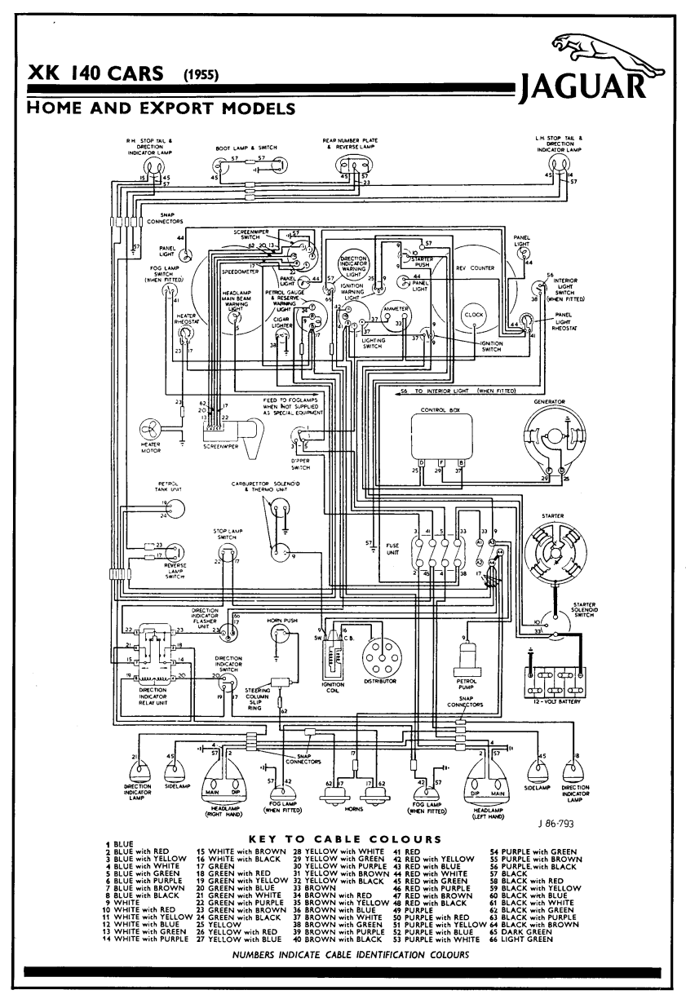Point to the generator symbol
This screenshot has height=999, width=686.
coord(554,441)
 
